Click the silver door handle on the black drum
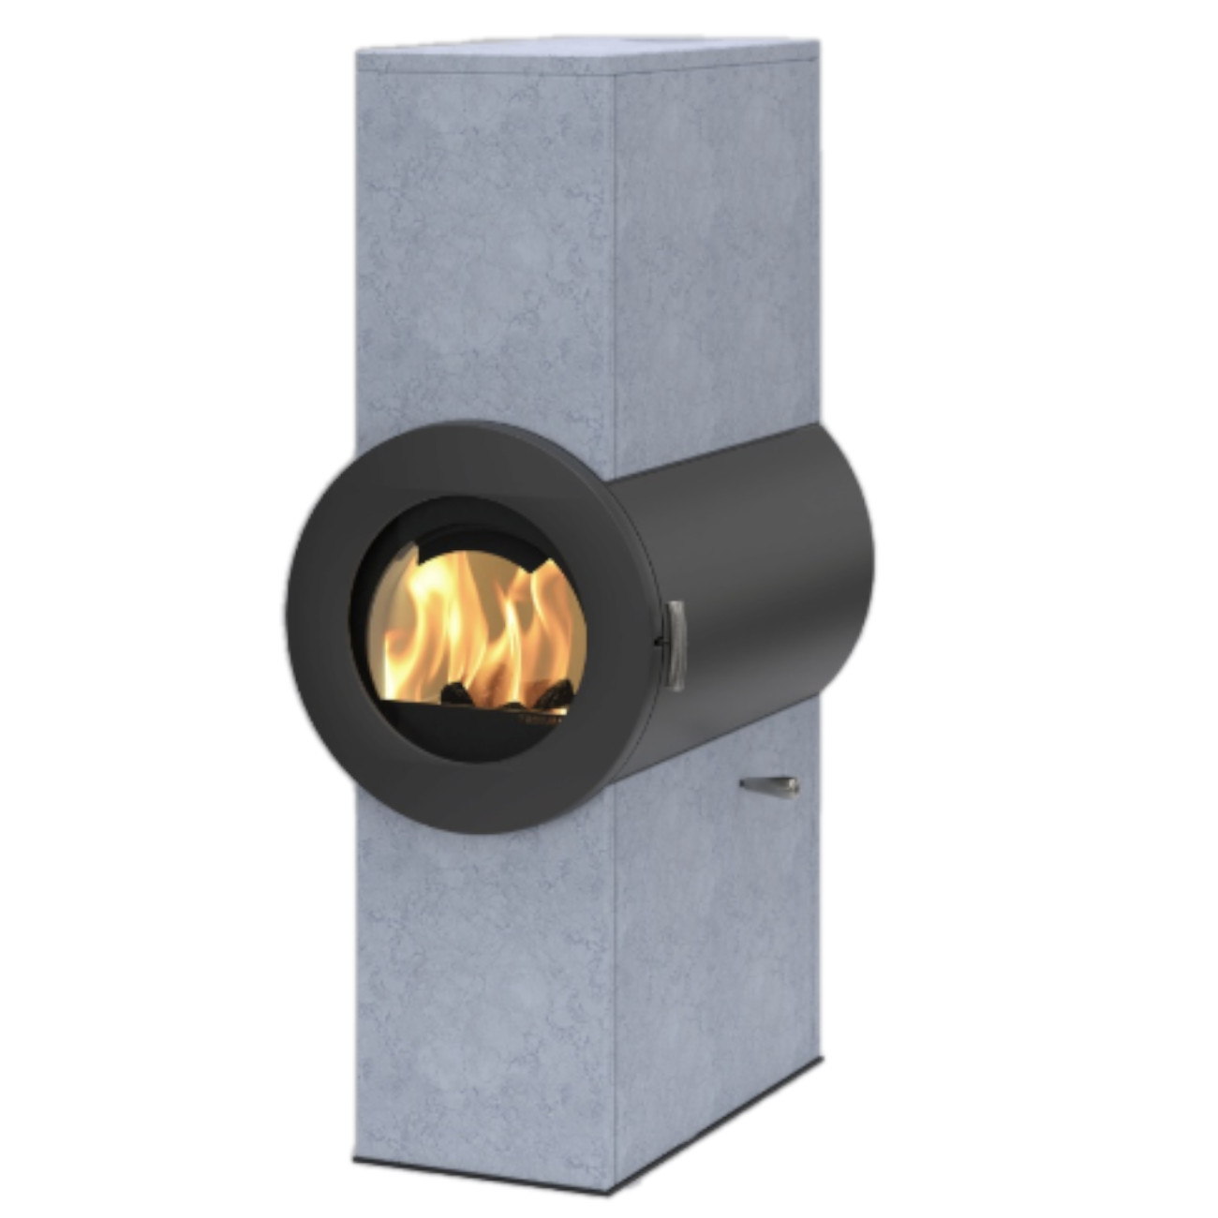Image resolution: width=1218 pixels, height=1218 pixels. click(x=675, y=646)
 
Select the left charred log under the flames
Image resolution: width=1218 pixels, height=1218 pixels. click(x=456, y=693)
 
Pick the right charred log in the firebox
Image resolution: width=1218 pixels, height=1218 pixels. click(x=553, y=694)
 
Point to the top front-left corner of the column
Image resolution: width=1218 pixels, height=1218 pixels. click(x=358, y=53)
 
